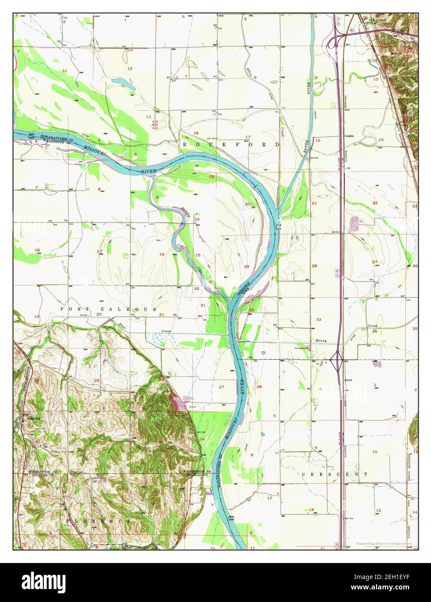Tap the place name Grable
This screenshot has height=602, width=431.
pyautogui.click(x=349, y=136)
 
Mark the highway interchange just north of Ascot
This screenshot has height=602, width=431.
pyautogui.click(x=336, y=359)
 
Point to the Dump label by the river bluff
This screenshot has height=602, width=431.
pyautogui.click(x=193, y=406)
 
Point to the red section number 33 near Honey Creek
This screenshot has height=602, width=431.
pyautogui.click(x=319, y=320)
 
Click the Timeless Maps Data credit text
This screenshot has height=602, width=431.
pyautogui.click(x=384, y=544)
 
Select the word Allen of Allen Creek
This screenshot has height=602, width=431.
pyautogui.click(x=249, y=70)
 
